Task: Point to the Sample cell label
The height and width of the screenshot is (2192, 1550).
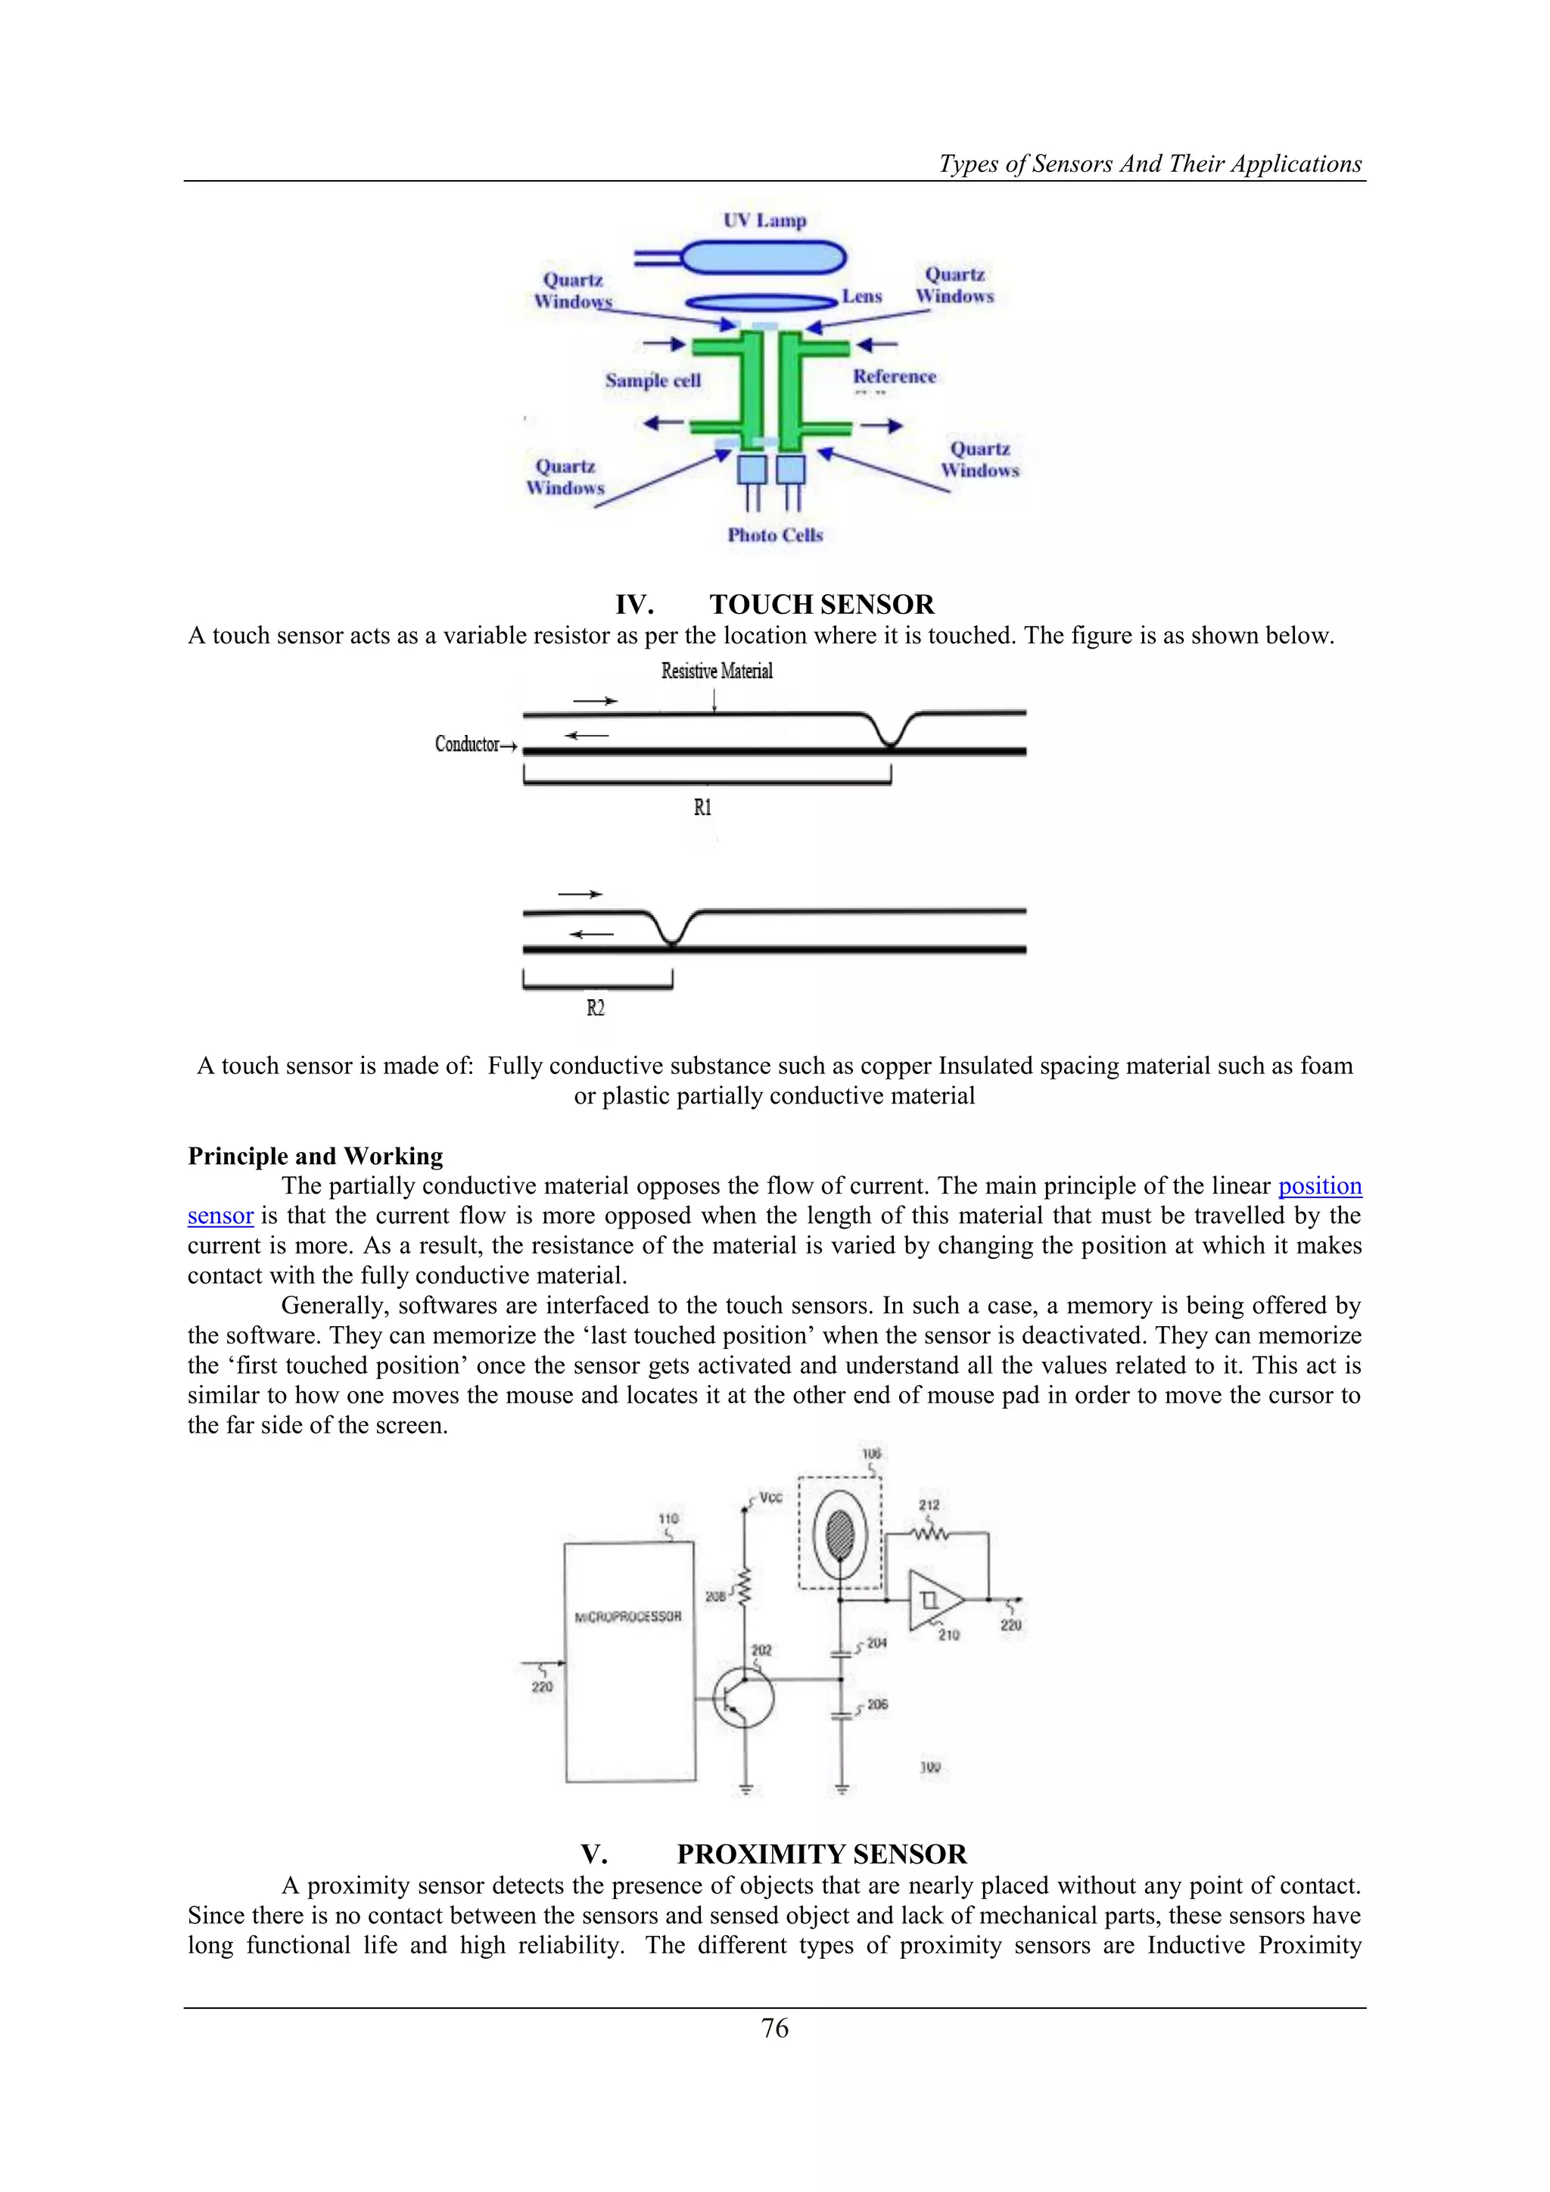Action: click(653, 380)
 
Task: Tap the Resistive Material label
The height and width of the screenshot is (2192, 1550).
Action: click(717, 671)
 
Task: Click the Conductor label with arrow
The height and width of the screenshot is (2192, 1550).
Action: click(475, 745)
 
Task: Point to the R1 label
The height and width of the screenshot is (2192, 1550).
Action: click(702, 808)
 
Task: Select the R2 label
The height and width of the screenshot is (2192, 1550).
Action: click(596, 1008)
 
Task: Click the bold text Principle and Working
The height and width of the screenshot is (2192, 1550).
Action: click(315, 1156)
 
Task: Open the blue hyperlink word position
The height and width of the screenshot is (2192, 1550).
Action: click(1319, 1186)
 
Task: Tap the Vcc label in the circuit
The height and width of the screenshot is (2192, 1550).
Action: click(770, 1498)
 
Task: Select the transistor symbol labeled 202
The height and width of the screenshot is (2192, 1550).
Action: click(742, 1698)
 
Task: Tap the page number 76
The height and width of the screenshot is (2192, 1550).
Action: click(775, 2028)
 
